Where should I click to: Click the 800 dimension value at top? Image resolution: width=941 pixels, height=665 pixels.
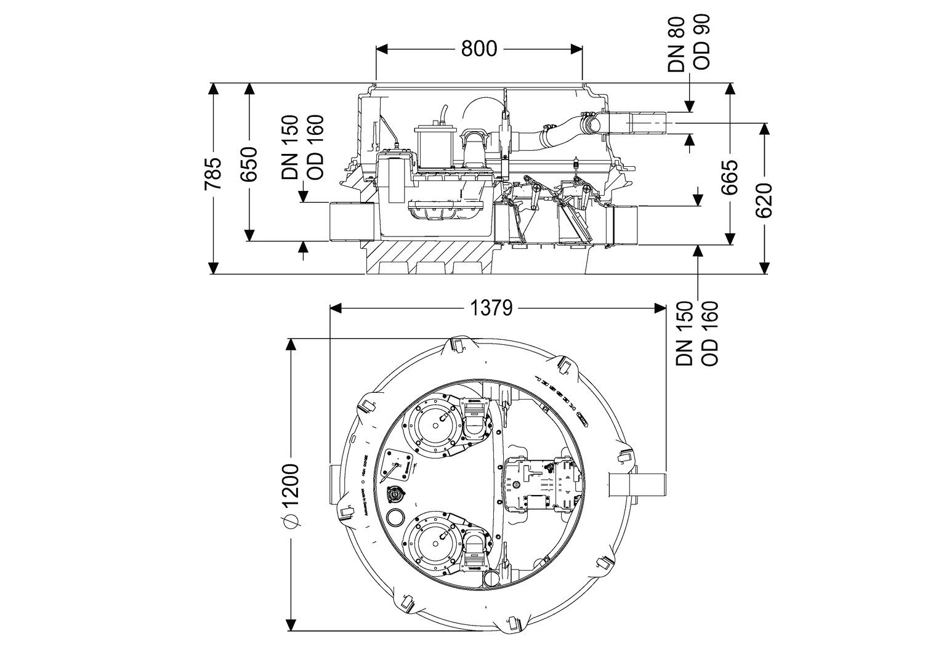point(479,49)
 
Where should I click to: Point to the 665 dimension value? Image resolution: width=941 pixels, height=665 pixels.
point(730,177)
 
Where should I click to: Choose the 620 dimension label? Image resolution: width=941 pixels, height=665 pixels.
point(764,201)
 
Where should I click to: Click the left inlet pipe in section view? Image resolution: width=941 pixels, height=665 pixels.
point(352,222)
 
